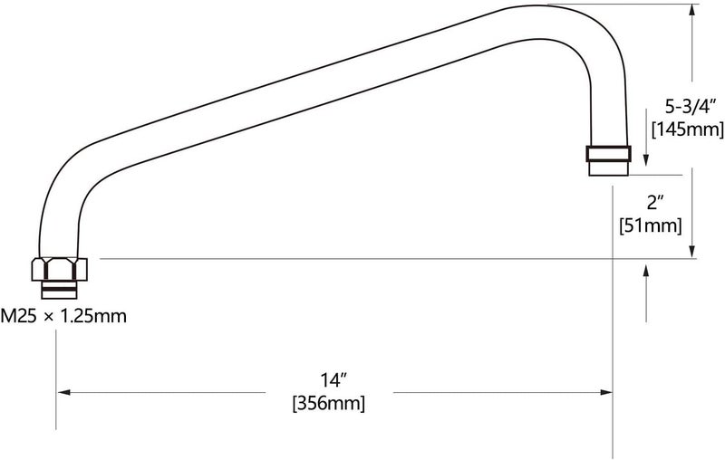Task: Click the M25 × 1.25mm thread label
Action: coord(63,316)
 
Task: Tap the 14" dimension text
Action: coord(333,380)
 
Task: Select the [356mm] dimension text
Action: coord(329,403)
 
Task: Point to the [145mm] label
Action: coord(688,129)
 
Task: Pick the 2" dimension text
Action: coord(655,203)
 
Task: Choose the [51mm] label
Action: coord(651,225)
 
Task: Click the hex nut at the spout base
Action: coord(59,269)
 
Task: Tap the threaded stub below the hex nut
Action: coord(59,290)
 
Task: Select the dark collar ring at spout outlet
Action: coord(608,153)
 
